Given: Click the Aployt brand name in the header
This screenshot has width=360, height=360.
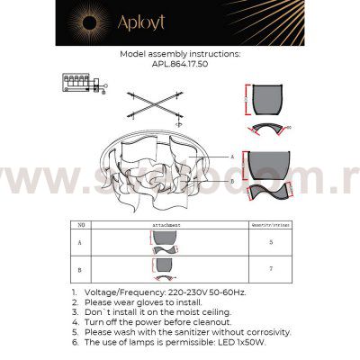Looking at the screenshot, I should [x=193, y=21].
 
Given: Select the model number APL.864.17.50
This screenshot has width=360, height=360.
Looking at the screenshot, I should [x=180, y=64].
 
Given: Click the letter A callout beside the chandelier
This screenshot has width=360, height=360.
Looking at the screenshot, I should [x=231, y=157].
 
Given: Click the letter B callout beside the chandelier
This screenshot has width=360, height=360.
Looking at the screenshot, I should [x=231, y=180].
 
